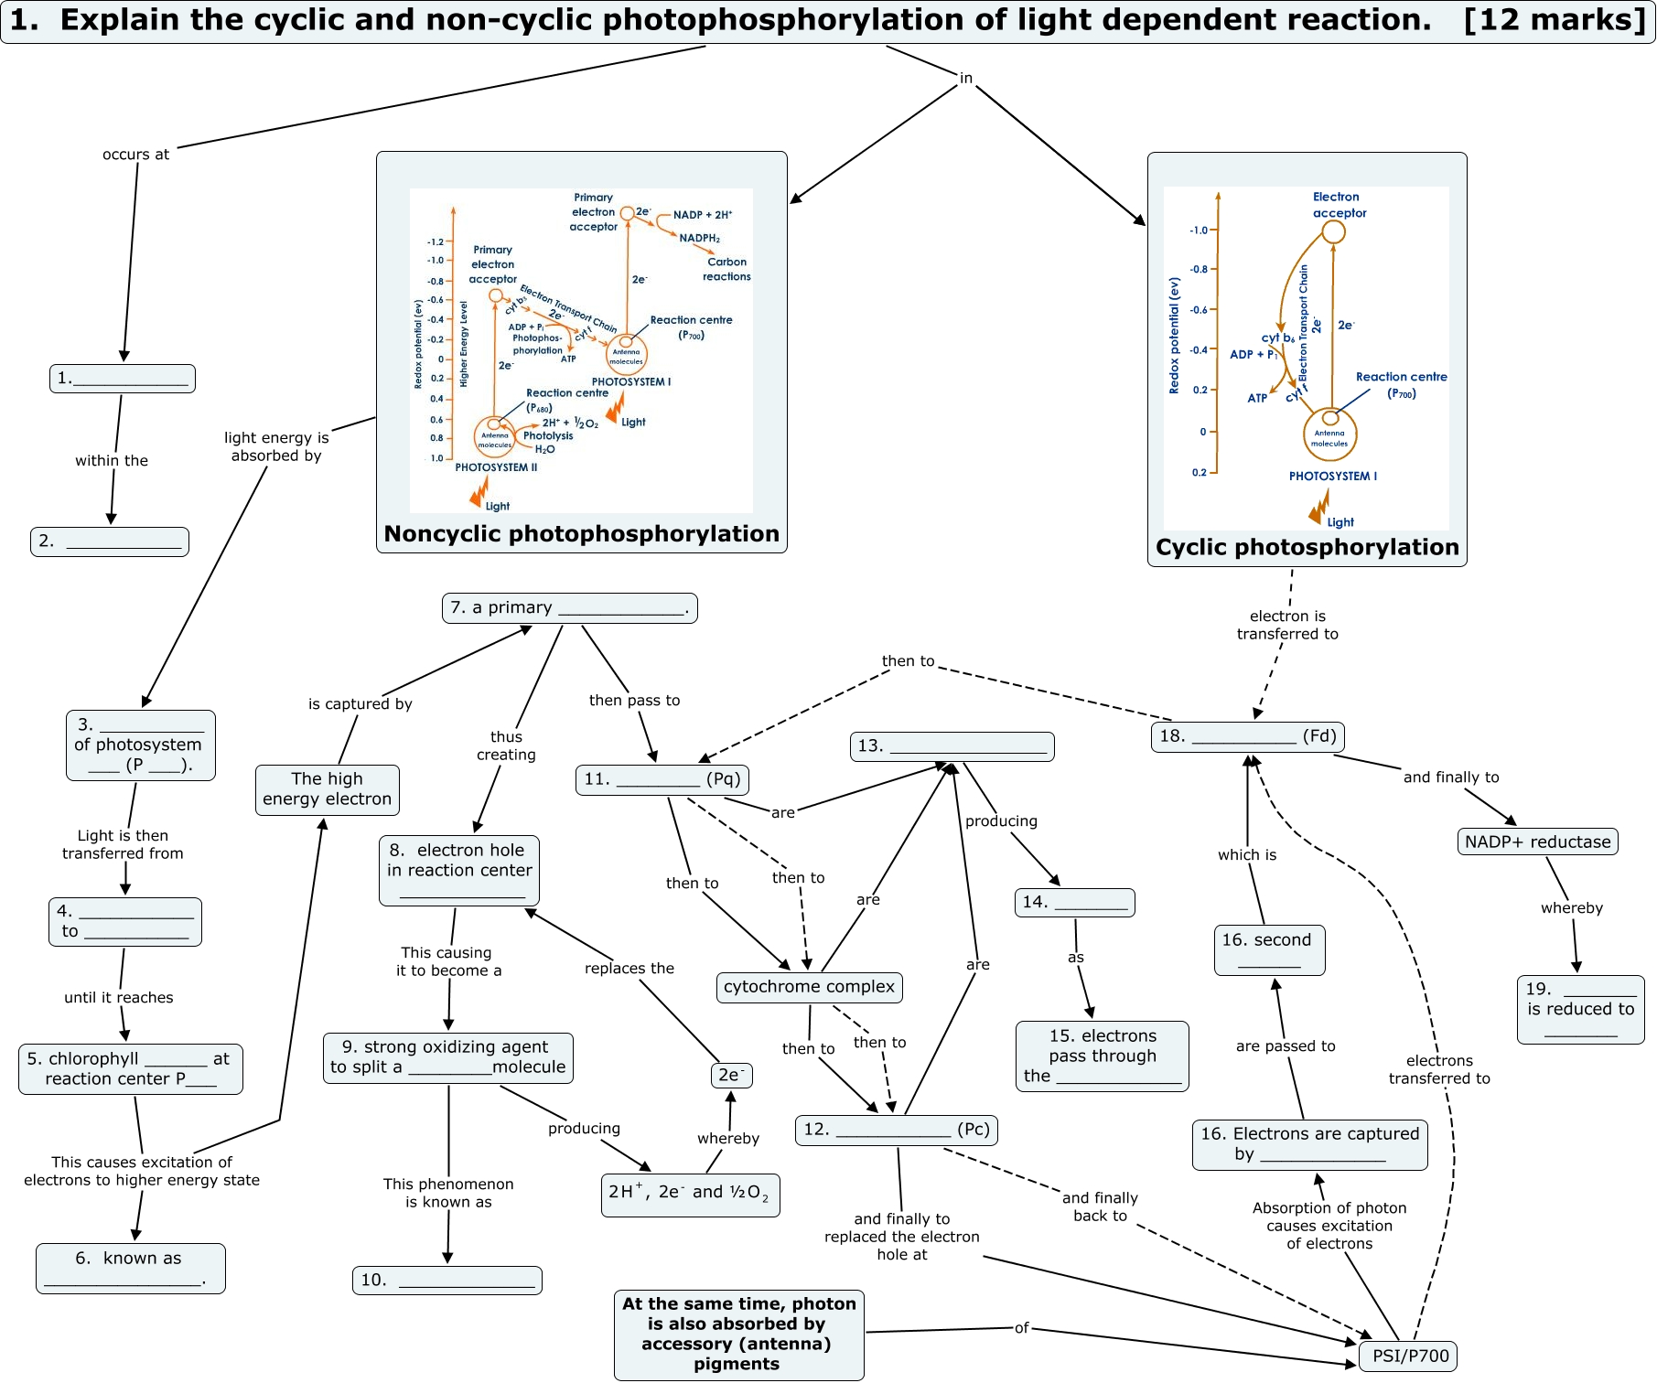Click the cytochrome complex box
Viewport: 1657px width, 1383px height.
(809, 987)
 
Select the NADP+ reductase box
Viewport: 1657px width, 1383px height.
(1537, 842)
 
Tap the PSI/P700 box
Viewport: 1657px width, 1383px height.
(1410, 1356)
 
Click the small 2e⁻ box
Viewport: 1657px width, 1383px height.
(731, 1075)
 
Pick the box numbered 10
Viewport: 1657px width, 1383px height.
(447, 1280)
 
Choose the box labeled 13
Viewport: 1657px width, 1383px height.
(952, 745)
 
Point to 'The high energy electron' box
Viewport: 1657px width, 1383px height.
(327, 788)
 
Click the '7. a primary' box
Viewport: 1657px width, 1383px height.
(569, 607)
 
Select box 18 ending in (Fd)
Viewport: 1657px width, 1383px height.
(1247, 735)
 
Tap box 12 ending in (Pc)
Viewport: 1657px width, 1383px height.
(896, 1130)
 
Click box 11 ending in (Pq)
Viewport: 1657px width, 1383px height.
(662, 778)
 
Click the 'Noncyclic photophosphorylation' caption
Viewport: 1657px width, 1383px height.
(581, 534)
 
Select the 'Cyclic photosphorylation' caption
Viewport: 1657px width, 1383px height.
(1307, 547)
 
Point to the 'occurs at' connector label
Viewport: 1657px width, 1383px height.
(135, 155)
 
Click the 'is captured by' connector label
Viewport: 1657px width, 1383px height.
(360, 703)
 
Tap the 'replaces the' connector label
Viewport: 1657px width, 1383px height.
(629, 968)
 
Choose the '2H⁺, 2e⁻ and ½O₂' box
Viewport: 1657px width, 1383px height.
(690, 1193)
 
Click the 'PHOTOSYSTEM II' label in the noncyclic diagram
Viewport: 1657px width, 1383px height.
(496, 467)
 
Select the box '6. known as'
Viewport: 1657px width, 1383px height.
(130, 1268)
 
